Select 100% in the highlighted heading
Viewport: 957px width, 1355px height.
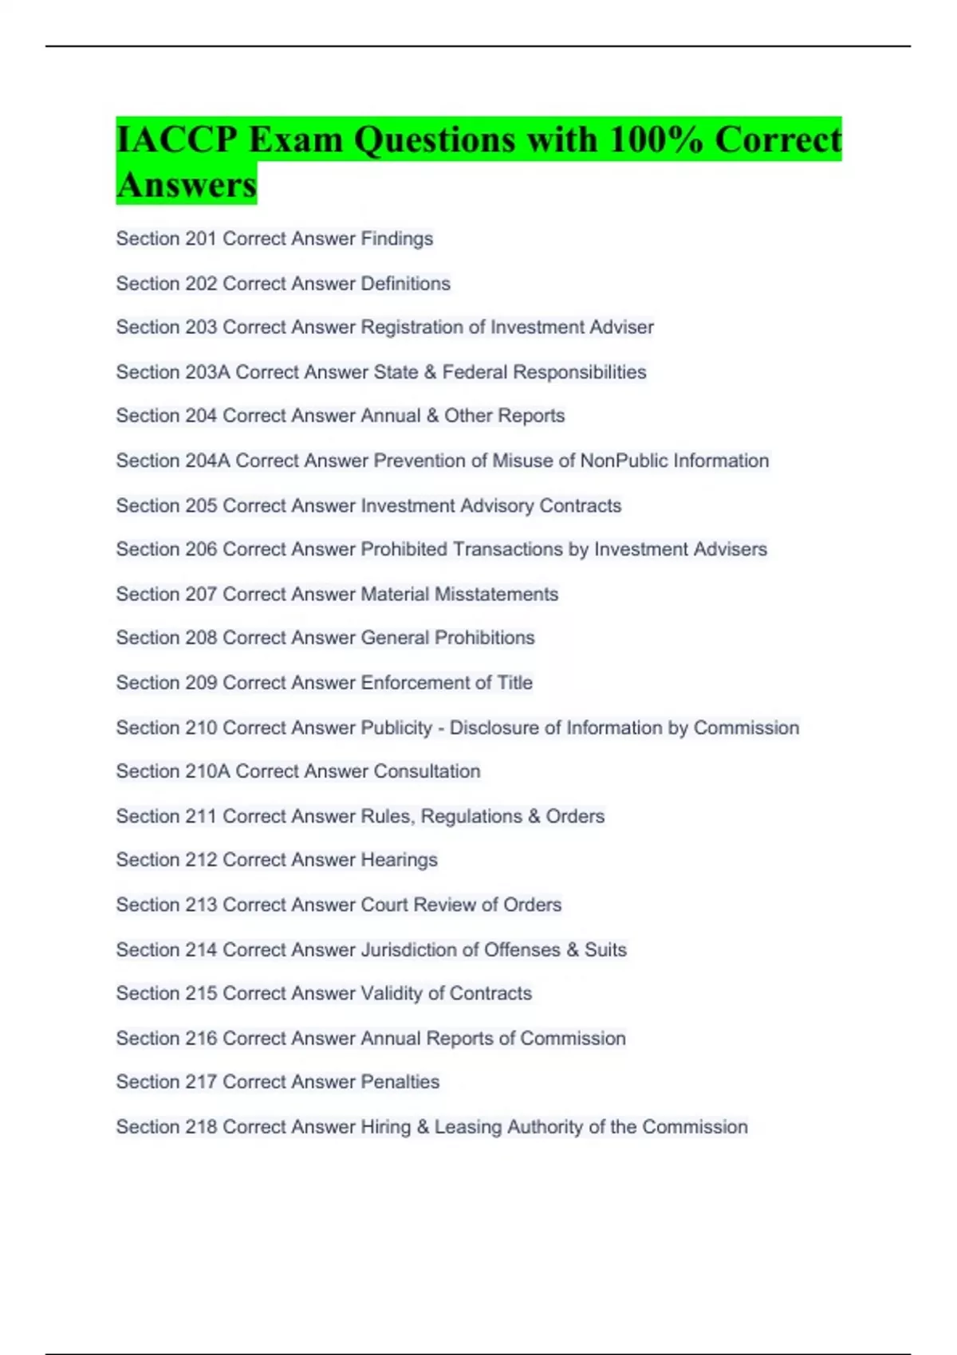pyautogui.click(x=655, y=139)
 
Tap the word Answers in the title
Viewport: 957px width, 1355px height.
pyautogui.click(x=186, y=185)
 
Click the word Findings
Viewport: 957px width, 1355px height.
pyautogui.click(x=396, y=239)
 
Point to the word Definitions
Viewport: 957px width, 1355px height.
pyautogui.click(x=405, y=284)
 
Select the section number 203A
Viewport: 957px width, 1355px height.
pyautogui.click(x=207, y=372)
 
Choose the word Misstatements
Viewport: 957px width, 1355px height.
pyautogui.click(x=496, y=595)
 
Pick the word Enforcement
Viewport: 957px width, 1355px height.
pyautogui.click(x=415, y=683)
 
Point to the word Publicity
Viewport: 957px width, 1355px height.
pyautogui.click(x=396, y=728)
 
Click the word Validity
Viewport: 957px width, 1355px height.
pyautogui.click(x=392, y=994)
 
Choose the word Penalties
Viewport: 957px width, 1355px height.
pyautogui.click(x=400, y=1082)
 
